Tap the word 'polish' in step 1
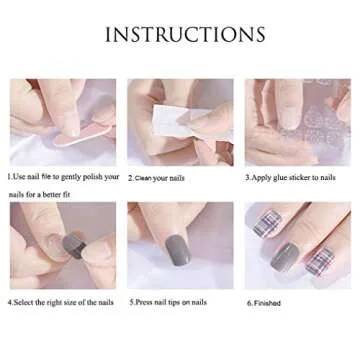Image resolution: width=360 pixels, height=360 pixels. coord(91,176)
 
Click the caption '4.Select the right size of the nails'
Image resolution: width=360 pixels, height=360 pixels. coord(61,301)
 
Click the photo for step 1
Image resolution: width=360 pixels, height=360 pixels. coord(61,121)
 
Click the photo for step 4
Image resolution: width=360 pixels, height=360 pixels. coord(61,245)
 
